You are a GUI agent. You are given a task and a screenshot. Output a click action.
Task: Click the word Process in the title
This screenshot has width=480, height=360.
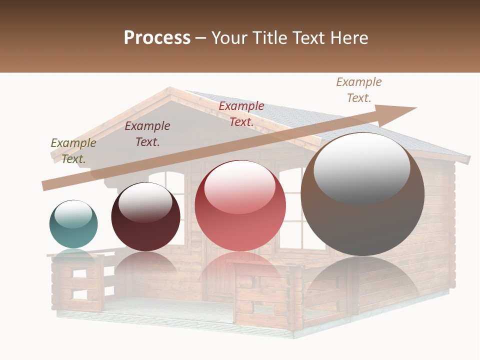tap(157, 37)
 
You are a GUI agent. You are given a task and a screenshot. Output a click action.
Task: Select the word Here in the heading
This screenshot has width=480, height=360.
tap(348, 37)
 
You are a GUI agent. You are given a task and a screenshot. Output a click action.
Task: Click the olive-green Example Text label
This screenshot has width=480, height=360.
tap(73, 150)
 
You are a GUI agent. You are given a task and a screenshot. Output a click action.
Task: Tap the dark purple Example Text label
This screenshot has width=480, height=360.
tap(147, 133)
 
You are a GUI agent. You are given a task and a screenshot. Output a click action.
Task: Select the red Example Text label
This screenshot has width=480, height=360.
tap(241, 113)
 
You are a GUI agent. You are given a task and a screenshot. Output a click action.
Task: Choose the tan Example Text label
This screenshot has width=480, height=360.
tap(359, 89)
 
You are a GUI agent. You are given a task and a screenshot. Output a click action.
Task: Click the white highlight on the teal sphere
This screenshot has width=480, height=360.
tap(73, 214)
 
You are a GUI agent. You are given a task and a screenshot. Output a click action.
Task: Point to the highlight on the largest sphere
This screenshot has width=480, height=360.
tap(361, 167)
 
